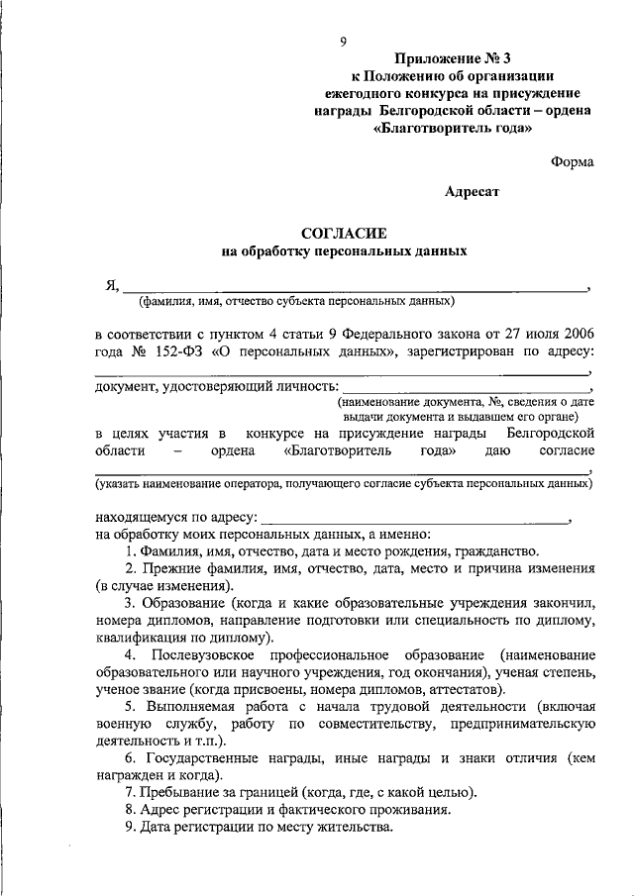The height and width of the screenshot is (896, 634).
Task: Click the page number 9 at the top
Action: coord(344,42)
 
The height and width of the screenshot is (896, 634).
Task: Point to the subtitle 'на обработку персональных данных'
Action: coord(343,252)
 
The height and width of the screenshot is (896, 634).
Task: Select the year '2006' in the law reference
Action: coord(575,332)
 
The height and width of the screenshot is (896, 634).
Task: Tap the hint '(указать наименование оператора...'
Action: coord(344,485)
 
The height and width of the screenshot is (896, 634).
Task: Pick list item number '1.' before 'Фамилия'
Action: coord(131,550)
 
